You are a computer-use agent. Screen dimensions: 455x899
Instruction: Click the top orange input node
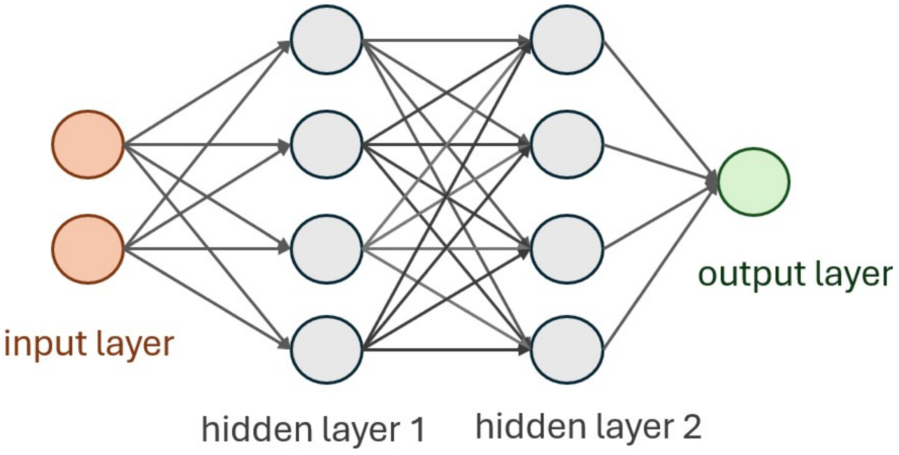click(x=88, y=145)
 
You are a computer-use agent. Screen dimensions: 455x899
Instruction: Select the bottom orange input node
click(x=88, y=249)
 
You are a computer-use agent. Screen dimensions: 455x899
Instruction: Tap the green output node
click(x=753, y=182)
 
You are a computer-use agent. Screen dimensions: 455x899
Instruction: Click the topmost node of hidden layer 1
click(x=327, y=39)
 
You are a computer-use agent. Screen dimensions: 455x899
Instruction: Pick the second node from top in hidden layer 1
click(x=327, y=145)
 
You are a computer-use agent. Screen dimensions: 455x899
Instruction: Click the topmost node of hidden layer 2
click(x=567, y=39)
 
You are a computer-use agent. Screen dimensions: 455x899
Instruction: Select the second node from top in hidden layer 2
click(x=567, y=145)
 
